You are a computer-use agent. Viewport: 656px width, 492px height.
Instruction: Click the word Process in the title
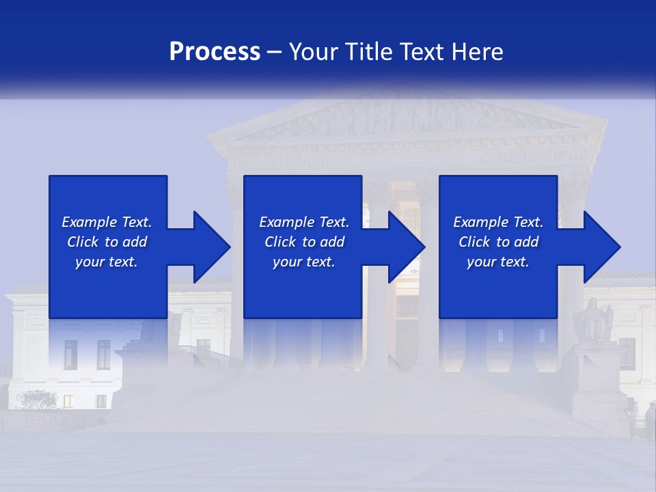pos(215,52)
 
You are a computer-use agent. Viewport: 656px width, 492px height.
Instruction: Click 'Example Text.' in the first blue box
pos(107,222)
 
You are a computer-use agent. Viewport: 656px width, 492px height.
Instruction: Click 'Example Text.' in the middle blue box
pos(304,222)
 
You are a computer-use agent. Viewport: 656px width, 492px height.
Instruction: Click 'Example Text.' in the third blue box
pos(498,222)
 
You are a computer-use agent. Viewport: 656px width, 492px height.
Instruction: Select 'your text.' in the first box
pos(107,262)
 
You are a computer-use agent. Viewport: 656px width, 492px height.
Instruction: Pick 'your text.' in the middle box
pos(304,262)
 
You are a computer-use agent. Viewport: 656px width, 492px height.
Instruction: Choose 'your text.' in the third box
pos(498,262)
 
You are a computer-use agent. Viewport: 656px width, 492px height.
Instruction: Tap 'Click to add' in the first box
pos(107,242)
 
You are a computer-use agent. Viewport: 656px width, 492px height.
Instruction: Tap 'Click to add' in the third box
pos(498,242)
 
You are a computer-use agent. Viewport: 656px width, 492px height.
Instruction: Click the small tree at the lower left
pos(38,399)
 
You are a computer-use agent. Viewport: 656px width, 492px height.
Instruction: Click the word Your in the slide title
pos(314,52)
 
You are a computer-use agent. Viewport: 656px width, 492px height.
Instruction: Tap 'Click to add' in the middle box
pos(304,242)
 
